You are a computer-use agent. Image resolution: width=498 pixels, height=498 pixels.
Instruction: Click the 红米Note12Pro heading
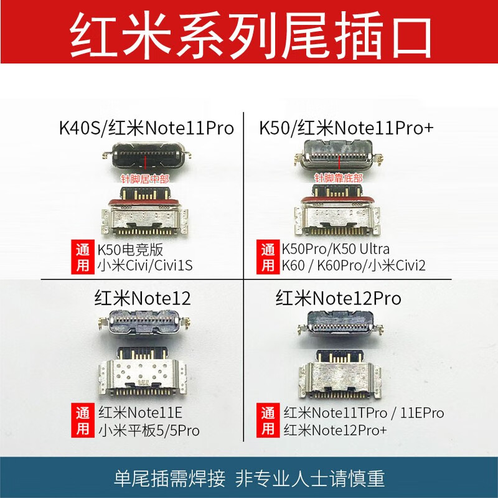click(x=339, y=298)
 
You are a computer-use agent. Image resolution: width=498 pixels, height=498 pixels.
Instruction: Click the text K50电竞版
click(x=129, y=250)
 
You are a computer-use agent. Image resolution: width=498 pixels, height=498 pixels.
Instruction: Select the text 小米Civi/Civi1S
click(x=145, y=266)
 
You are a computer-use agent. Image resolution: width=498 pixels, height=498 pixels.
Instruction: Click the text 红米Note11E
click(x=139, y=413)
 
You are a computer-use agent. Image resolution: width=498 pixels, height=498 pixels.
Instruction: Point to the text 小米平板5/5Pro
click(x=148, y=430)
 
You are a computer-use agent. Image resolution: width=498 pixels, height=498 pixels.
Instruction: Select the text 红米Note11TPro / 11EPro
click(x=364, y=413)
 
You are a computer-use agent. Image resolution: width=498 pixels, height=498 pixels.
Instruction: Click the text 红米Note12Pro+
click(x=338, y=430)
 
